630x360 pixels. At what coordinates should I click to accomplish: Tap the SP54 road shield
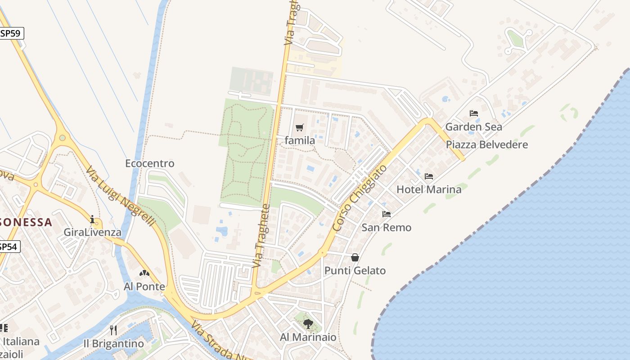pos(9,247)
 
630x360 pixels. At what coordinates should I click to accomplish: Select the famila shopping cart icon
pos(300,128)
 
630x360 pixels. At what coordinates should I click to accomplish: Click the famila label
pos(300,140)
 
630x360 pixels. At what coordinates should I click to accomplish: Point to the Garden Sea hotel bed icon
pos(473,113)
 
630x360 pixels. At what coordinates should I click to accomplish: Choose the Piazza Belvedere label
pos(486,145)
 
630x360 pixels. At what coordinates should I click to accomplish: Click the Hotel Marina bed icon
pos(429,176)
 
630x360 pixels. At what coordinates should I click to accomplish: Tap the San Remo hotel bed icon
pos(386,214)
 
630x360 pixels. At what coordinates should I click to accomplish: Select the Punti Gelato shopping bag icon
pos(355,257)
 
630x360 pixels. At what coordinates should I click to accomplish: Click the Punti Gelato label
pos(355,270)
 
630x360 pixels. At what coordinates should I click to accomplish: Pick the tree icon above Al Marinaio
pos(308,324)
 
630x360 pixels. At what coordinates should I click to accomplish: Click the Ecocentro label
pos(149,163)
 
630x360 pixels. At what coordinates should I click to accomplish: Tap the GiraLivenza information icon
pos(92,220)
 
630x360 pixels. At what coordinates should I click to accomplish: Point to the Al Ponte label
pos(144,287)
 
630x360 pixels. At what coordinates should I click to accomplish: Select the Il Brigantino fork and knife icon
pos(113,330)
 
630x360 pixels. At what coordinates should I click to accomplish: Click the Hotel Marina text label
pos(429,189)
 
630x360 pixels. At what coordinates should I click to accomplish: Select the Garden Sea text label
pos(473,127)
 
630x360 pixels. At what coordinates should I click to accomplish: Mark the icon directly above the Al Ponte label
pos(144,273)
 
